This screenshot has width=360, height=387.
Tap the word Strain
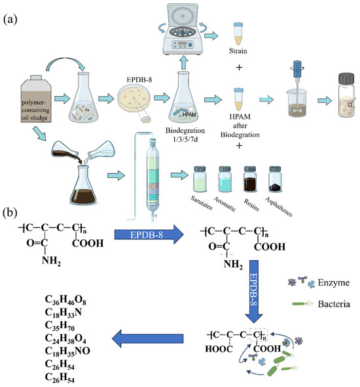[x=238, y=51]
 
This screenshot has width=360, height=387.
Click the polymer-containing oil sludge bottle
[x=36, y=99]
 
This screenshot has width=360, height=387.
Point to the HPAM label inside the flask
[x=189, y=114]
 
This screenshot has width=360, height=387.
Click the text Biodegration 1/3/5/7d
[x=185, y=135]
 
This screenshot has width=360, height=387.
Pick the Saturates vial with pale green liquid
[x=200, y=179]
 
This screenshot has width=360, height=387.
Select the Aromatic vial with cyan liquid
[x=225, y=179]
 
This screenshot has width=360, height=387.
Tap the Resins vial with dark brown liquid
[x=250, y=179]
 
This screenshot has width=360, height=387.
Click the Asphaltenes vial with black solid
[x=275, y=179]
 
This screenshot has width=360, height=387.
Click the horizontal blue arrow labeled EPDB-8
[x=149, y=235]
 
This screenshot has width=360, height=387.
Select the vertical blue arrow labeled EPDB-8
[x=254, y=292]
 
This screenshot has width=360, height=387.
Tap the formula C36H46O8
[x=65, y=300]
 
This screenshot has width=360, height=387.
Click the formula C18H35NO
[x=67, y=351]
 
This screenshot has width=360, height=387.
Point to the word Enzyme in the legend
[x=334, y=282]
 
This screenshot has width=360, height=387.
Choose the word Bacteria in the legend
[x=334, y=304]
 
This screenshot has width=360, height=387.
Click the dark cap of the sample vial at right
[x=347, y=78]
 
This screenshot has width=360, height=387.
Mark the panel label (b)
[x=10, y=212]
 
